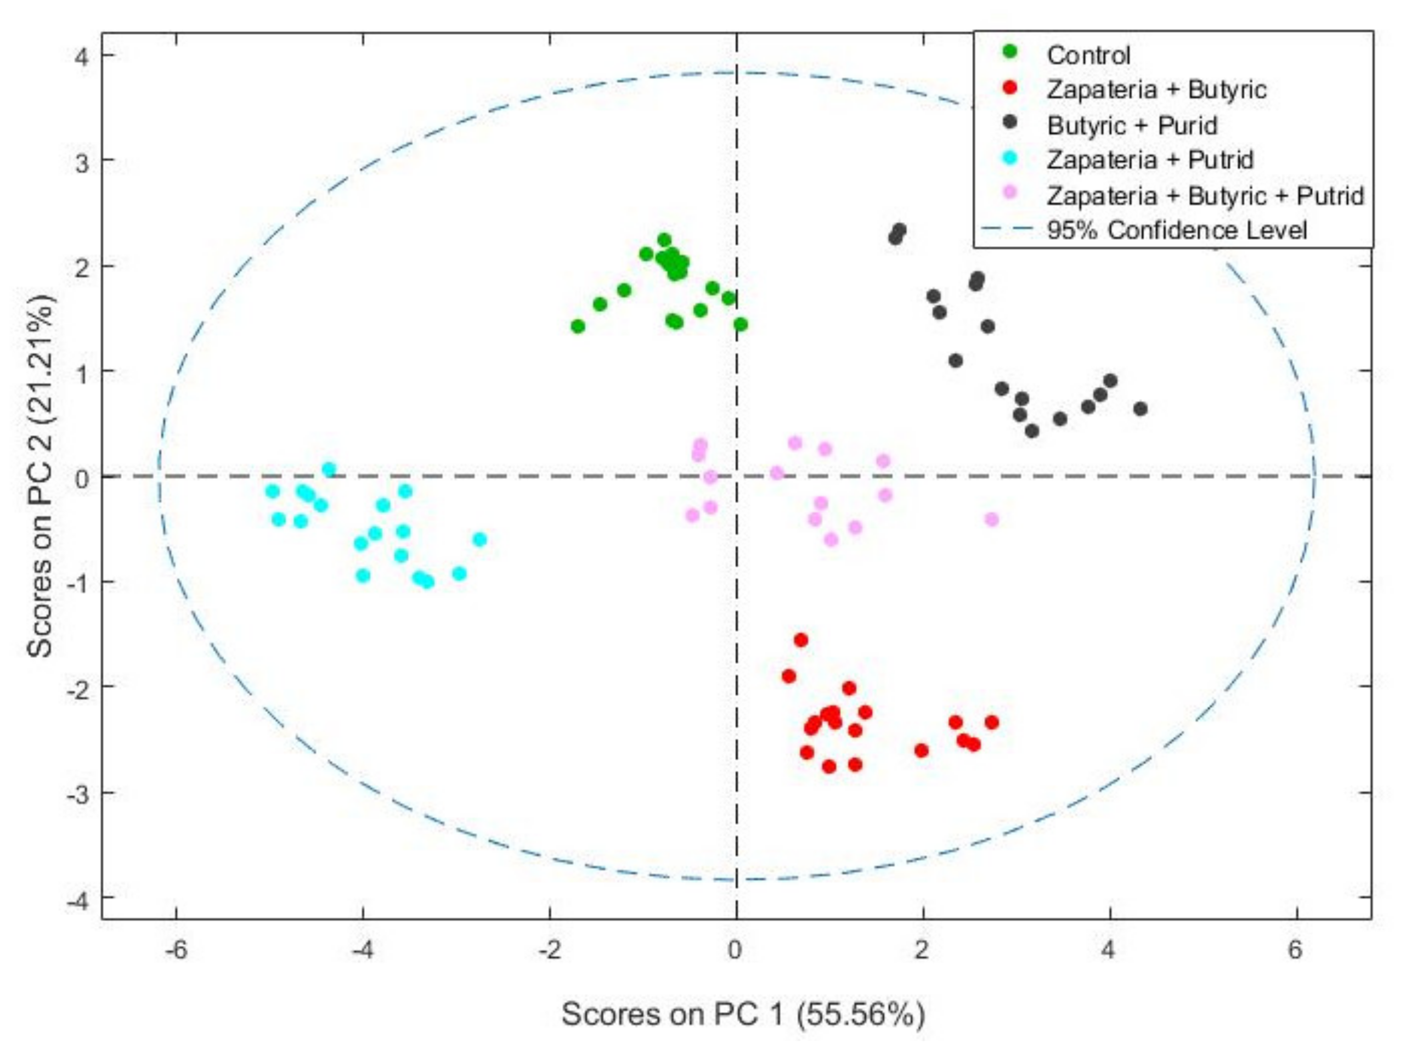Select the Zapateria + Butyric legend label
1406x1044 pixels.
pos(1156,90)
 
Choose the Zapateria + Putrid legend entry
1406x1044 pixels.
pos(1149,159)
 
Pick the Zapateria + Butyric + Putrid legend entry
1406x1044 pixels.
pos(1205,195)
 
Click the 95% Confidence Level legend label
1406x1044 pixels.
pos(1176,230)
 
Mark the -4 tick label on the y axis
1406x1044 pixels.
pos(77,898)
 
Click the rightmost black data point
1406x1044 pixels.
pos(1140,409)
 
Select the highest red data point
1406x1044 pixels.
pos(800,640)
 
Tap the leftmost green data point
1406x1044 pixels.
pos(578,326)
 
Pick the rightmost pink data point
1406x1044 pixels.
pos(991,519)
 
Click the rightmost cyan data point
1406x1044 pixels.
pos(479,539)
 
